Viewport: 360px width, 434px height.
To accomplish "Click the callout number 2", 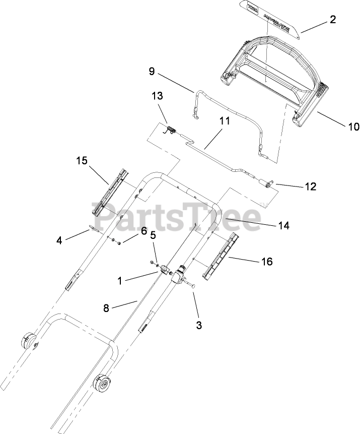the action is [333, 21].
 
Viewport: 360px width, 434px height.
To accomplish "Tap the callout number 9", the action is [152, 72].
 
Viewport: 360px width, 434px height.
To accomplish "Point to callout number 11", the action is [224, 120].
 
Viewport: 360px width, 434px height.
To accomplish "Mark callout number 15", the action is [82, 161].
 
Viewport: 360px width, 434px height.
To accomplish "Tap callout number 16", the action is [266, 261].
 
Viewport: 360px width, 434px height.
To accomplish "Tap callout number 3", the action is [199, 325].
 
